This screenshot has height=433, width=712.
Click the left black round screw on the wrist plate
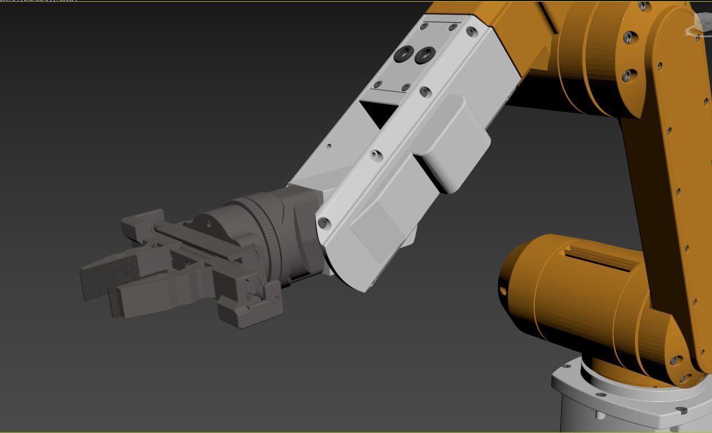(404, 55)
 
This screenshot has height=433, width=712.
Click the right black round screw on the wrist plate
(425, 54)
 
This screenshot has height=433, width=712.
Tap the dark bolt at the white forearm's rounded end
(324, 223)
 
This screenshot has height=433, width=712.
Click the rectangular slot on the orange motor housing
(600, 258)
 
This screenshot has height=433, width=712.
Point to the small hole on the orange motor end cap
(503, 291)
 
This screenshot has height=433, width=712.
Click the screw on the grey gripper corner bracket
(275, 298)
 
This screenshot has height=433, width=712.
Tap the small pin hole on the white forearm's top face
(329, 147)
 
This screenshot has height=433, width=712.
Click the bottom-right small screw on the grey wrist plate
(405, 87)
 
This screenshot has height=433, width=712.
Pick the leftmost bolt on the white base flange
(566, 367)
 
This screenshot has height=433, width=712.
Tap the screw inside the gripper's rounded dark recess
(209, 224)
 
